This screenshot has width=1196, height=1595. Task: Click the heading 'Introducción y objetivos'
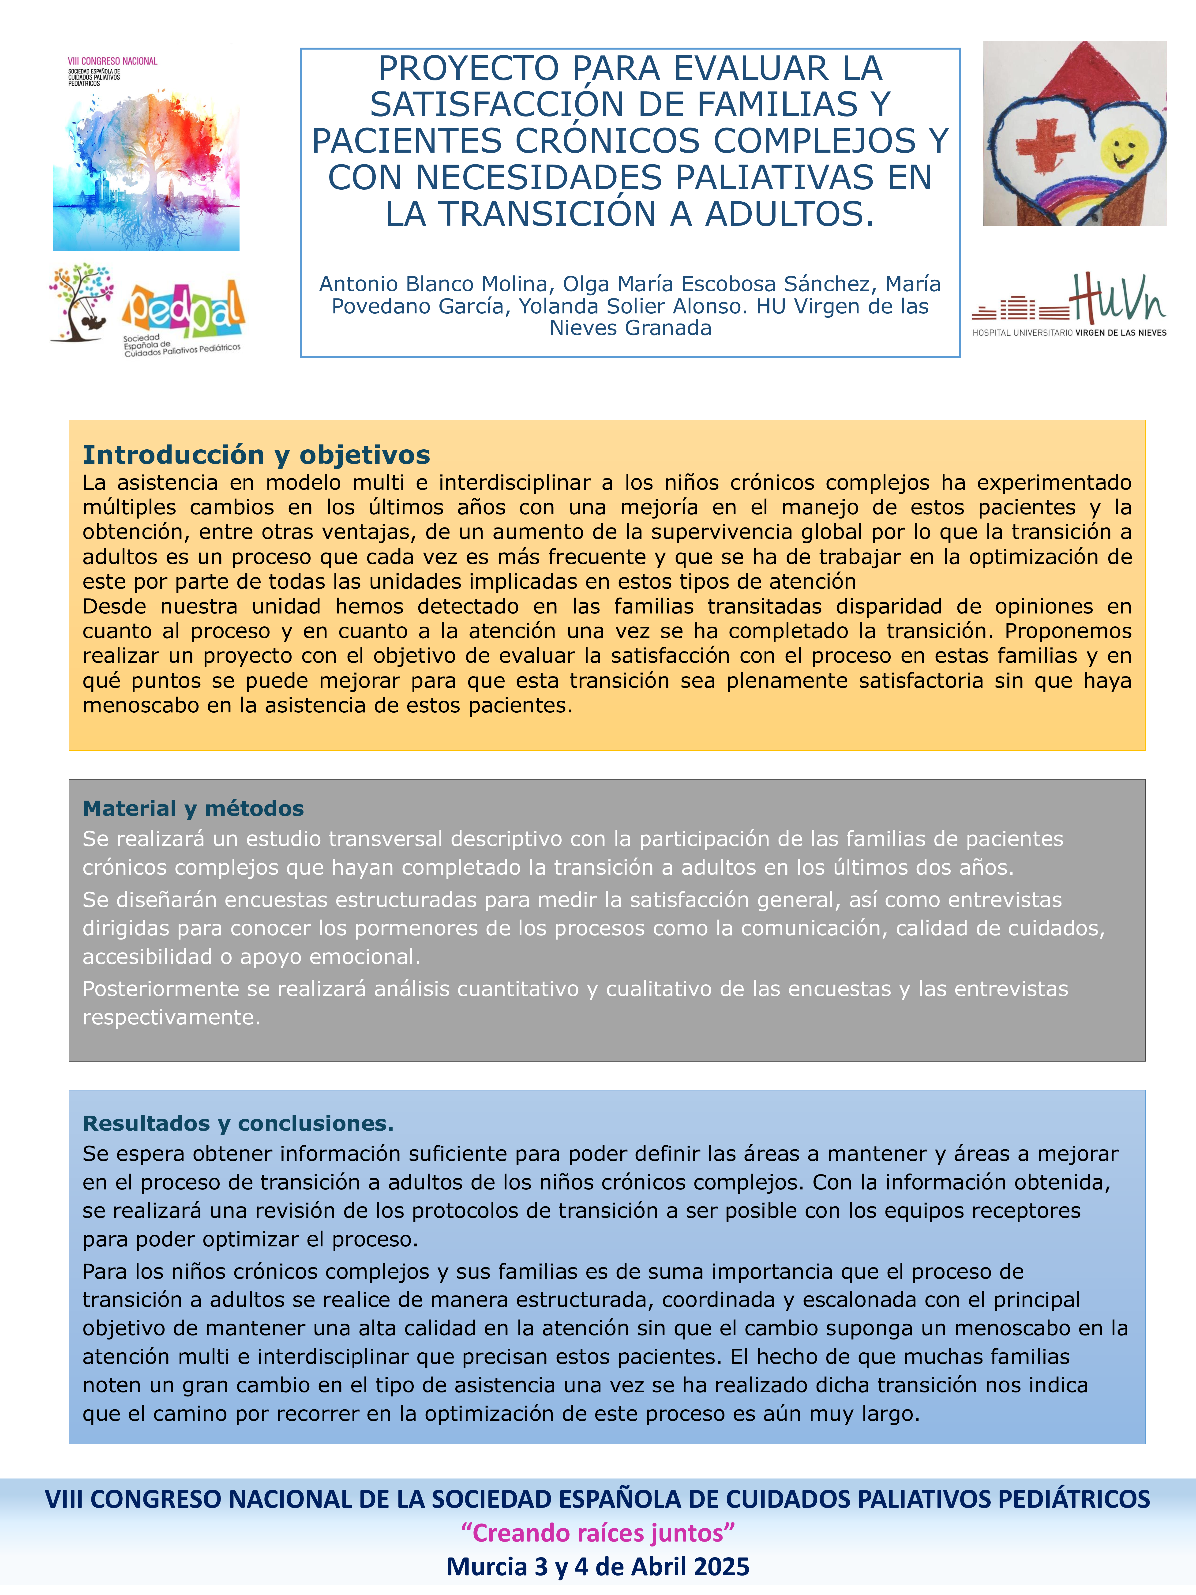[256, 455]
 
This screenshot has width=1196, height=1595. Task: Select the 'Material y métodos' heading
[193, 808]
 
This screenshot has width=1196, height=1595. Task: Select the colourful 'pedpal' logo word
[184, 309]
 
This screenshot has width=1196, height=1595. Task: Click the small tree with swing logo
[81, 301]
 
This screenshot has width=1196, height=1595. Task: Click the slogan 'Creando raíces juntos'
[598, 1533]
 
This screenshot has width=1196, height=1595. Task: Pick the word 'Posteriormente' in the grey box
[160, 989]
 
